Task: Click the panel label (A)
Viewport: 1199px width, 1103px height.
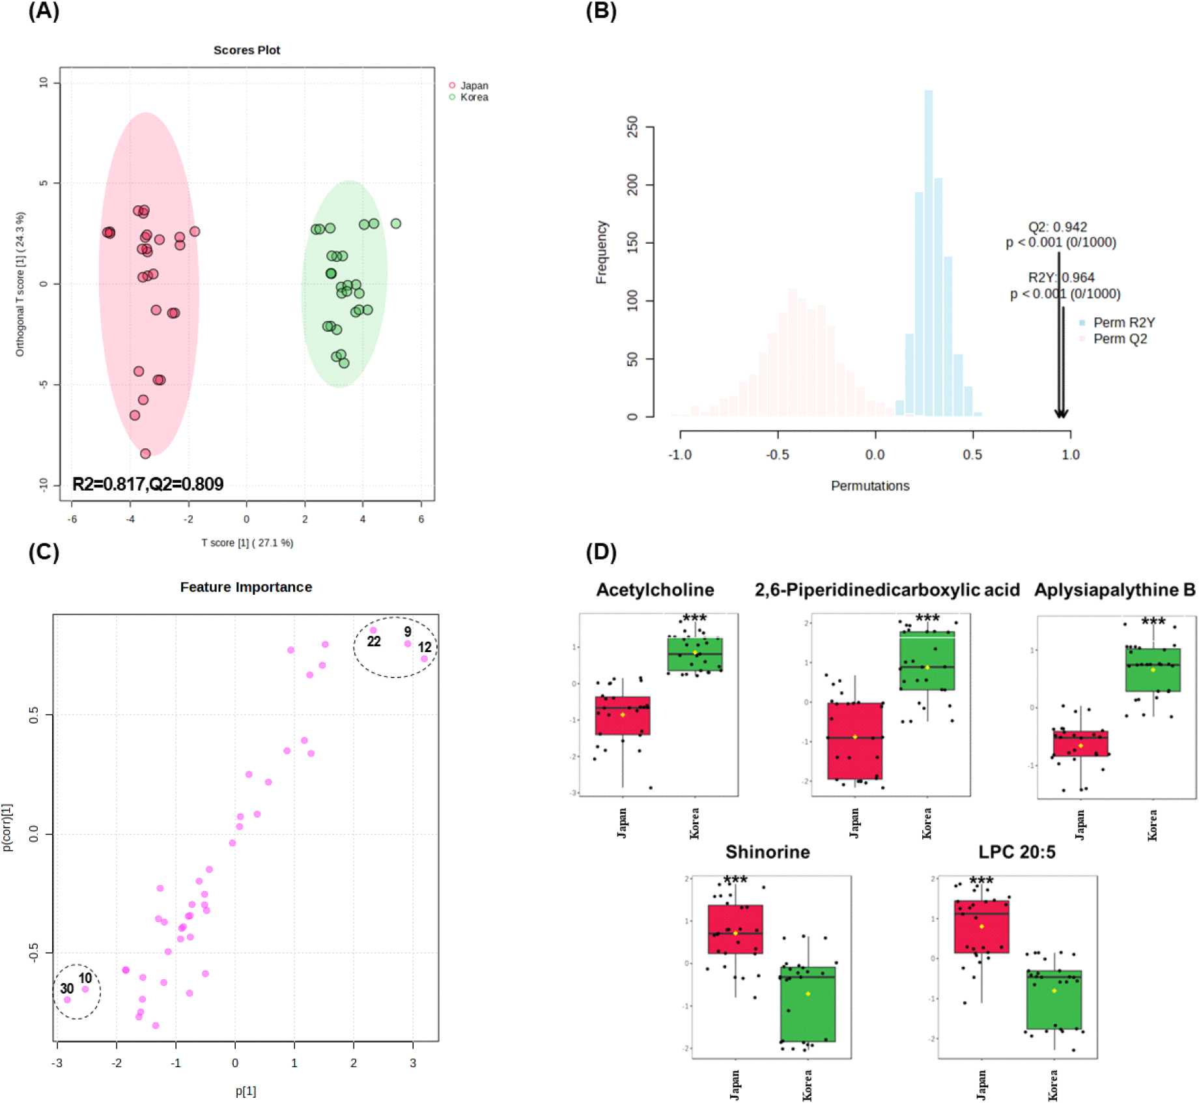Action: (x=44, y=11)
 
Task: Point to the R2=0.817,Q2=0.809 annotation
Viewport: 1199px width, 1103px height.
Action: (x=148, y=484)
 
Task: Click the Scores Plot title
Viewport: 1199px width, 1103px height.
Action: (x=247, y=50)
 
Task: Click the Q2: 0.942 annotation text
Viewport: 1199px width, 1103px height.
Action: (x=1057, y=227)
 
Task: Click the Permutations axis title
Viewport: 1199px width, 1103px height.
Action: (x=869, y=485)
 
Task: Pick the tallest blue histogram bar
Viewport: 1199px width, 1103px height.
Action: (x=928, y=254)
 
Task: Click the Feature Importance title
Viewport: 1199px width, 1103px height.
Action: (x=246, y=587)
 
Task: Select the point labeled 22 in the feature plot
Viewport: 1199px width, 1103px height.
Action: (x=373, y=631)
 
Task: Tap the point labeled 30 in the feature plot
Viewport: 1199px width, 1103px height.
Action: (x=67, y=999)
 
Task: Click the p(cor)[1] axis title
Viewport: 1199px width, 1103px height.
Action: (x=7, y=827)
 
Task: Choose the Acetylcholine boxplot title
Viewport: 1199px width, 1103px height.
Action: (x=655, y=590)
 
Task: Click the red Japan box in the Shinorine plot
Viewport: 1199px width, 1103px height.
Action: (x=735, y=929)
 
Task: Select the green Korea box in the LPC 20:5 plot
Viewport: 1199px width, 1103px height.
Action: (x=1054, y=999)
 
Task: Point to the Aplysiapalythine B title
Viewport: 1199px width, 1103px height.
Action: (x=1114, y=590)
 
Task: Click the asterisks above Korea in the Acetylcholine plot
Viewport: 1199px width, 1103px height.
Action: (x=694, y=618)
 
